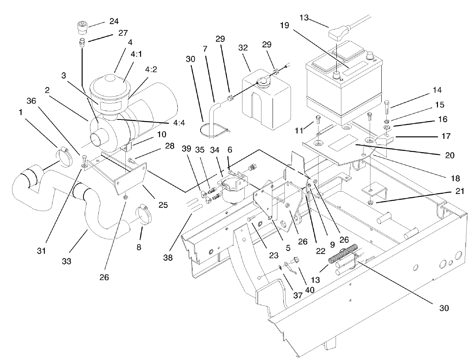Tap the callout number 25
click(x=163, y=204)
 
